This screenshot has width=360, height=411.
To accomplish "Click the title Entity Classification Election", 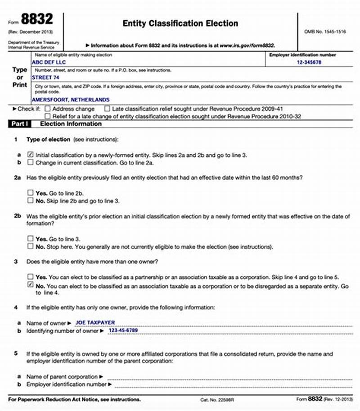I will click(180, 23).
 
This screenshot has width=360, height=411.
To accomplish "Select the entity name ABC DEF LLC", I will click(48, 63).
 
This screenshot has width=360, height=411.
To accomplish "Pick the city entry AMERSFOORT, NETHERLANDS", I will click(70, 99).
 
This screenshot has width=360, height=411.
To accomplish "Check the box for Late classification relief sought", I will click(107, 109).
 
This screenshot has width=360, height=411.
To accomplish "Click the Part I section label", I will click(18, 124).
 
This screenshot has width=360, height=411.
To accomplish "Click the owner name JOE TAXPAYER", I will click(95, 322).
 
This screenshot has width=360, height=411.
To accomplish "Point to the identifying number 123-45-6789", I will click(123, 331).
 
